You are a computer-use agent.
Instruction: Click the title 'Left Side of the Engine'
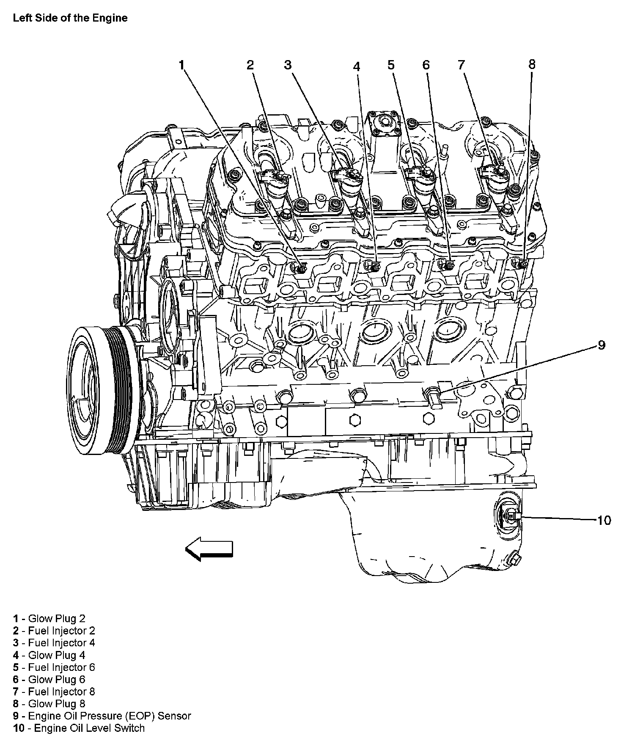70,18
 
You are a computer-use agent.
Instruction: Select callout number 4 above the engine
357,66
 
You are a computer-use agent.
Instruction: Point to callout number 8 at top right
532,64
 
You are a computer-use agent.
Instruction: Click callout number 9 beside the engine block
601,345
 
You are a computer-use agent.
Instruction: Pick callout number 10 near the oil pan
604,520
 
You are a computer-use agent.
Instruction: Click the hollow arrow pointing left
209,549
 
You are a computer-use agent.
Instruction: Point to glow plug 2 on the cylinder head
301,267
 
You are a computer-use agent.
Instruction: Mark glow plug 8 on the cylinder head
522,264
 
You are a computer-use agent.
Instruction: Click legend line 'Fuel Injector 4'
54,642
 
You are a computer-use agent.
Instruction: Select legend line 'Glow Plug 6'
49,679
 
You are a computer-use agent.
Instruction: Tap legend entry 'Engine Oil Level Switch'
79,728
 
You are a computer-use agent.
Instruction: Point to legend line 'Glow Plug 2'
49,618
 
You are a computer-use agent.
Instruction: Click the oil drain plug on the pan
514,559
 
